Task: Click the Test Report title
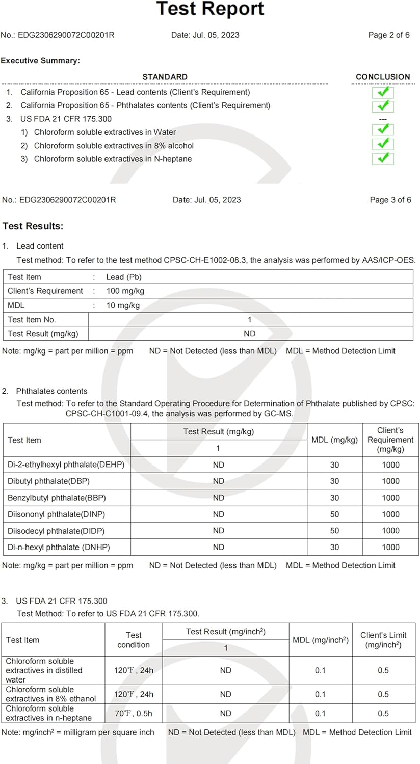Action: point(210,9)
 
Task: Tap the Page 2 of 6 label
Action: point(389,35)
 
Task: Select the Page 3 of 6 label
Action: point(390,200)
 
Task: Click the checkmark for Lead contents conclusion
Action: point(383,92)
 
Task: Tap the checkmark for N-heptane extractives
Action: point(383,158)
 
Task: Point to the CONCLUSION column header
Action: point(383,77)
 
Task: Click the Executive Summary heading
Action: point(40,61)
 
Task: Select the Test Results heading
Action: point(33,226)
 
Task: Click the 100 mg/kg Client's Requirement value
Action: point(125,291)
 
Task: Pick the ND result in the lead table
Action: point(250,334)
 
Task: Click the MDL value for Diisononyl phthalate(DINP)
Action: point(334,514)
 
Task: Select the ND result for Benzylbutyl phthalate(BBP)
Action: point(219,498)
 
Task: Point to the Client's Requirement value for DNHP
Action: point(390,547)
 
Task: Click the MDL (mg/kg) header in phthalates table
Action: point(334,440)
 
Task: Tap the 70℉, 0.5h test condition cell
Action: point(134,713)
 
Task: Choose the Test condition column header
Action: point(134,640)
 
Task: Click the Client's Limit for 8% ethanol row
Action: point(383,694)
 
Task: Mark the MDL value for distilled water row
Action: point(320,670)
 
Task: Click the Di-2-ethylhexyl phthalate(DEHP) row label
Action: point(66,465)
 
